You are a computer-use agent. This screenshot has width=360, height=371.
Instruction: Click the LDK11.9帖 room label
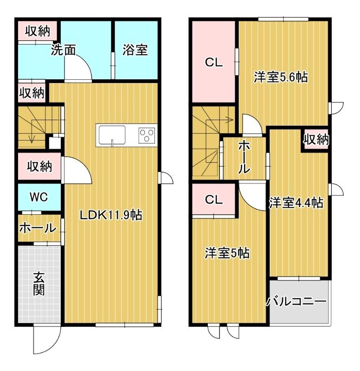pyautogui.click(x=110, y=215)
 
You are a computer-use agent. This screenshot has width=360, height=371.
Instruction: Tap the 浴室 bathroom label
pyautogui.click(x=135, y=50)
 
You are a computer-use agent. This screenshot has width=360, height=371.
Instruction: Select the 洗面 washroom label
pyautogui.click(x=63, y=51)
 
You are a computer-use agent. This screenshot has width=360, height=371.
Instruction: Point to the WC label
pyautogui.click(x=39, y=197)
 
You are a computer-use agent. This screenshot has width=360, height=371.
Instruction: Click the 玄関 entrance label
pyautogui.click(x=39, y=283)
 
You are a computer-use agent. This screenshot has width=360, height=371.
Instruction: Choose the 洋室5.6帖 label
pyautogui.click(x=281, y=77)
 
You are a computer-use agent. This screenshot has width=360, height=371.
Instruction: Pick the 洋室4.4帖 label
pyautogui.click(x=296, y=203)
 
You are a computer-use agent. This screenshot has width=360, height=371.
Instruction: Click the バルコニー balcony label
pyautogui.click(x=296, y=302)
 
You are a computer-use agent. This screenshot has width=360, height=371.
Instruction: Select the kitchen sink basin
pyautogui.click(x=112, y=134)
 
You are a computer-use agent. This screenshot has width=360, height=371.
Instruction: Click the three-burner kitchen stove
pyautogui.click(x=147, y=135)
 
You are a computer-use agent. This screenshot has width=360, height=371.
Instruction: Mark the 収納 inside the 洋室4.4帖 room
pyautogui.click(x=316, y=139)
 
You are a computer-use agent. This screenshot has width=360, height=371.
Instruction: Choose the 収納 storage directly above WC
pyautogui.click(x=39, y=166)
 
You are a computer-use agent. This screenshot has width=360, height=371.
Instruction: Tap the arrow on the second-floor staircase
pyautogui.click(x=228, y=120)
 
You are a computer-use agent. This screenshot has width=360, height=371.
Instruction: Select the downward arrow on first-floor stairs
pyautogui.click(x=32, y=138)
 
